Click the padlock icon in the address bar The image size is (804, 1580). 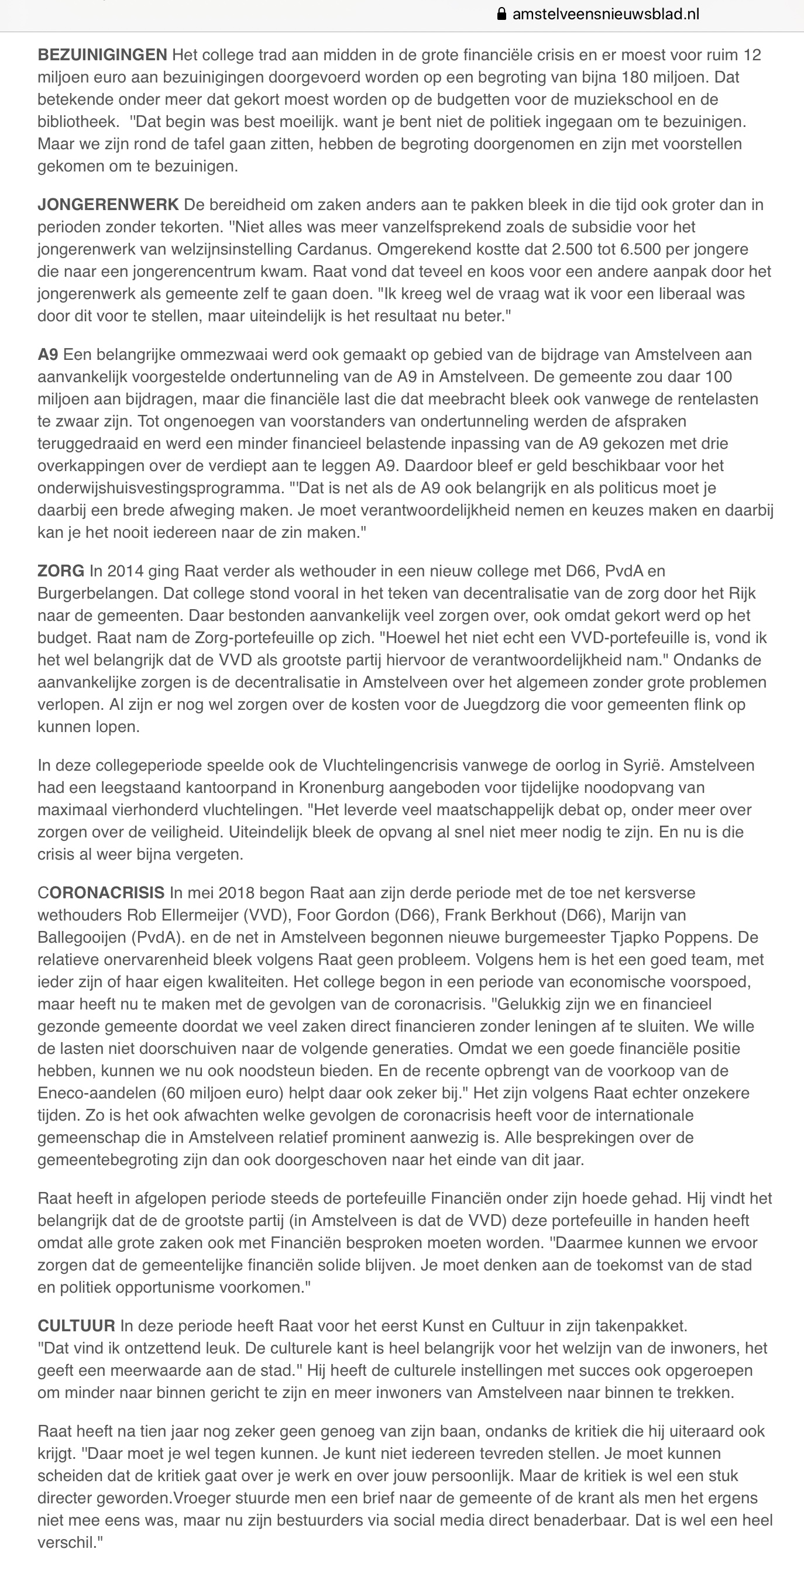tap(501, 14)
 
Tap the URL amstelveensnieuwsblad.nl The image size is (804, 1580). tap(605, 14)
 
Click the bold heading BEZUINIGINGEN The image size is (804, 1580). tap(102, 55)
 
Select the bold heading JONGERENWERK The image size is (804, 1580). tap(108, 205)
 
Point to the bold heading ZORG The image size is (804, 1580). tap(61, 571)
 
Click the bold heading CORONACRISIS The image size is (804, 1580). tap(101, 893)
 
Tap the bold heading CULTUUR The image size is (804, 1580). tap(76, 1326)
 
